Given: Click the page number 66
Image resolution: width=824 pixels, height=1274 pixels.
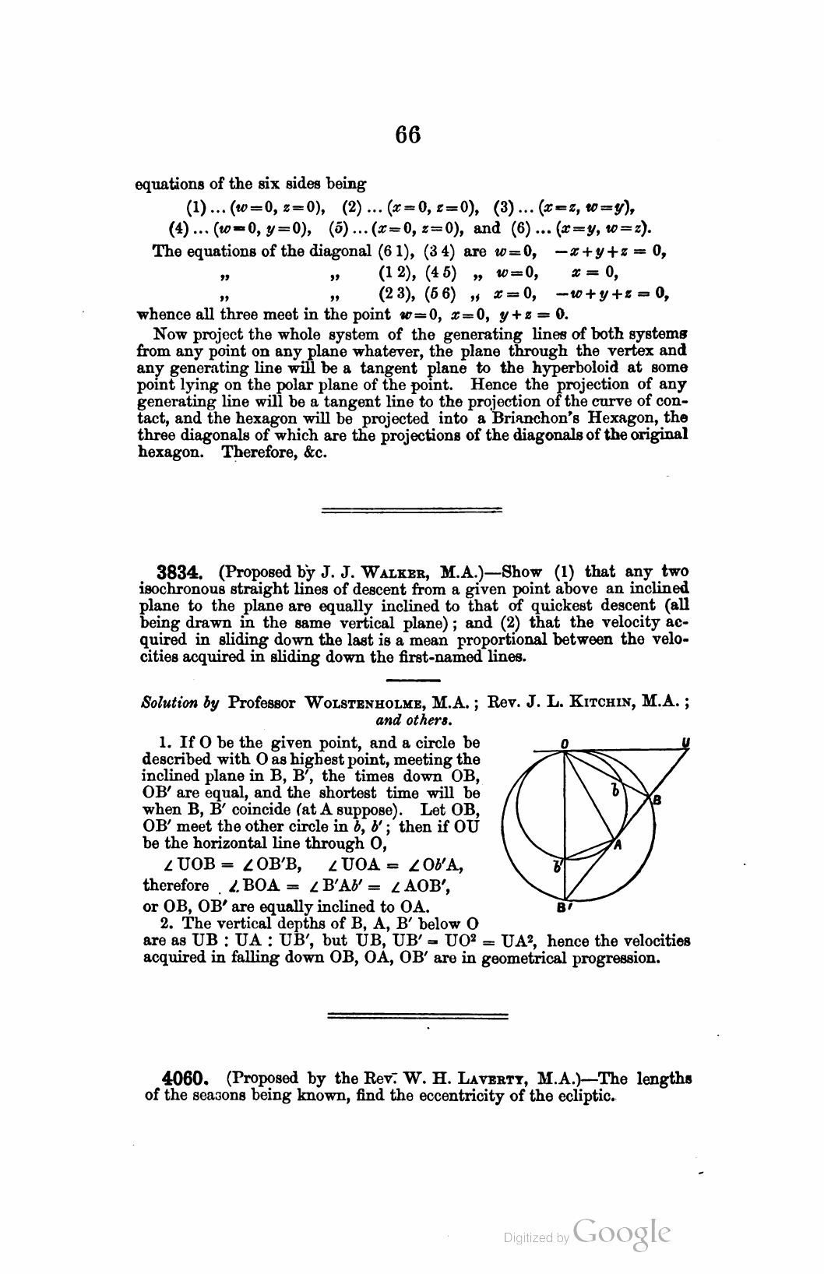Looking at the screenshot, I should tap(407, 135).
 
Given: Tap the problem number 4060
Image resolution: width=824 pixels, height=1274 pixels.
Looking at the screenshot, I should tap(185, 1079).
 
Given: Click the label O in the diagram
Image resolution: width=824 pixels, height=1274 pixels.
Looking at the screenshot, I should tap(563, 744).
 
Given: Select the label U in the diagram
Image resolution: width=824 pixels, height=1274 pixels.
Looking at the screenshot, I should tap(685, 744).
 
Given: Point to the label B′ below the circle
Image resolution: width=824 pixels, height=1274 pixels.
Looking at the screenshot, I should tap(562, 908).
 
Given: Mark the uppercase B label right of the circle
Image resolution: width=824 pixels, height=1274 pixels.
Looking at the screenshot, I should tap(657, 800).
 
